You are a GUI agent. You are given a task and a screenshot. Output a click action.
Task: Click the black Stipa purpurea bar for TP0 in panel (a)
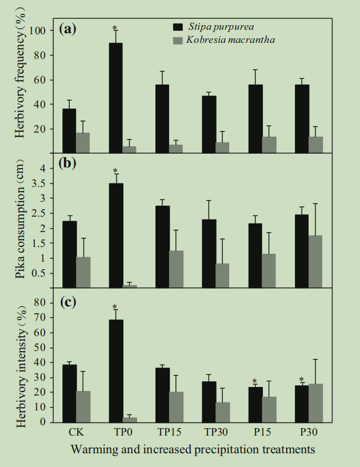[115, 98]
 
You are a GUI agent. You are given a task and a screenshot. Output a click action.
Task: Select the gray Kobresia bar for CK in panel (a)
[83, 142]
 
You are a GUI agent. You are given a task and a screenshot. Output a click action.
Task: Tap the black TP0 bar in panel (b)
[115, 235]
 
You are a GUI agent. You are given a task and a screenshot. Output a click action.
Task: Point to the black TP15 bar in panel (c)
[162, 394]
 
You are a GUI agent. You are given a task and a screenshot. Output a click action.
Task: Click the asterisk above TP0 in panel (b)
[115, 171]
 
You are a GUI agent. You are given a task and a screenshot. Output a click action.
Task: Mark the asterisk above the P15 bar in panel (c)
[255, 382]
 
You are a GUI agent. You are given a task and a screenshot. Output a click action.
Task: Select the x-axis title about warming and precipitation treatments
[193, 449]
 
